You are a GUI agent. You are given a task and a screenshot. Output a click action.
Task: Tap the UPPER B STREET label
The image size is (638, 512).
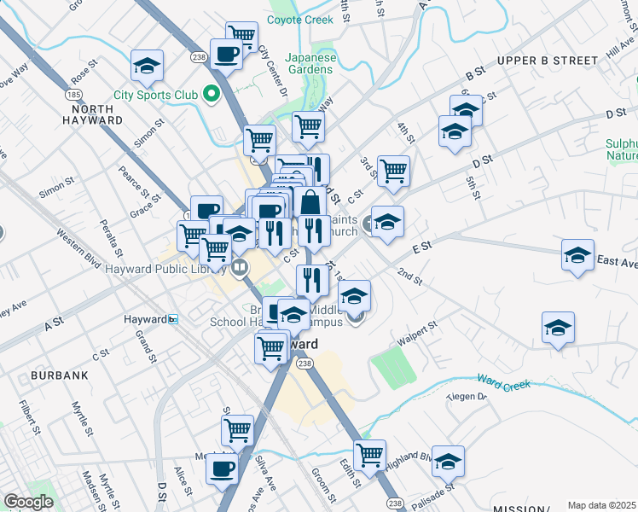tap(548, 61)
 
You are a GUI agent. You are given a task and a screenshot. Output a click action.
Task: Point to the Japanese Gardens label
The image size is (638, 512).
tap(311, 64)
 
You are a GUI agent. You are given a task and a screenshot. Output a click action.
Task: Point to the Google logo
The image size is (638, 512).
tap(27, 502)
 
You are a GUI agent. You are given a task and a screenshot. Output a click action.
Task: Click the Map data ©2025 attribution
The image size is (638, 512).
tap(601, 505)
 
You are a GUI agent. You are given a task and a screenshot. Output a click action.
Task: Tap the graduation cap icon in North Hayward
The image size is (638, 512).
tap(147, 66)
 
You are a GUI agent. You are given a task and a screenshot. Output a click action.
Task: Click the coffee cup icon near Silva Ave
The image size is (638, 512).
tap(223, 468)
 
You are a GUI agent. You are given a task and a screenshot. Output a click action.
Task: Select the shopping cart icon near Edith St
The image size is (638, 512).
tap(369, 455)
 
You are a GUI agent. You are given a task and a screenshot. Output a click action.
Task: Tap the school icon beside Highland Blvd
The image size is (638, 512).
tap(448, 461)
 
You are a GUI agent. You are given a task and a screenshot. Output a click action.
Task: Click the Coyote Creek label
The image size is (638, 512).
tap(300, 20)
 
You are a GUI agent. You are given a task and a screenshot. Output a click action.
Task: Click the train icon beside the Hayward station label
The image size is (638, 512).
tap(173, 319)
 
